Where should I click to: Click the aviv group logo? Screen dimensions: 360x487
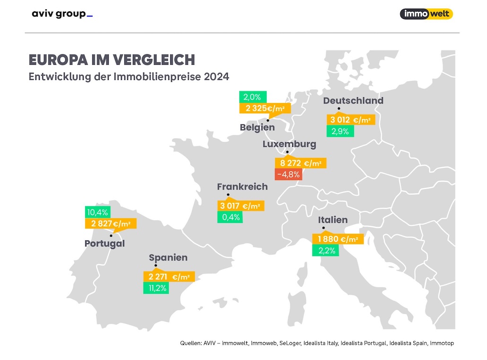62,14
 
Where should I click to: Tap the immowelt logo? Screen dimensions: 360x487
426,14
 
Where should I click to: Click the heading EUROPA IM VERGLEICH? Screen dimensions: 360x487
112,60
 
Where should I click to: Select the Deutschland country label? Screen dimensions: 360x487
353,101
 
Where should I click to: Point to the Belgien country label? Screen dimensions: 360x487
257,128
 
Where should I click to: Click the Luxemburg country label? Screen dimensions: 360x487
289,144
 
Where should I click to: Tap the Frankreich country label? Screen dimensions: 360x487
242,187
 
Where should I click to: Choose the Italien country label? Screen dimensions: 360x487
333,220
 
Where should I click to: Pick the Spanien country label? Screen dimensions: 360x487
168,258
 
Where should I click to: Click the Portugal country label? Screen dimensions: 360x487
104,244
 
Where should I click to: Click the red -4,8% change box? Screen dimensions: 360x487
287,174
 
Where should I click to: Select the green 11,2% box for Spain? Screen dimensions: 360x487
156,288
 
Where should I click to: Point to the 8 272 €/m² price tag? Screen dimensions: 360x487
300,163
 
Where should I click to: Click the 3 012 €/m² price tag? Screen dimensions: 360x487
352,120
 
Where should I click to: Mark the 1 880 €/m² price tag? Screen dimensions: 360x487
338,240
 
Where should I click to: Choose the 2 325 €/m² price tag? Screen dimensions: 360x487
265,109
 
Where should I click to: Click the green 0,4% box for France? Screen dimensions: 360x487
230,217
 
